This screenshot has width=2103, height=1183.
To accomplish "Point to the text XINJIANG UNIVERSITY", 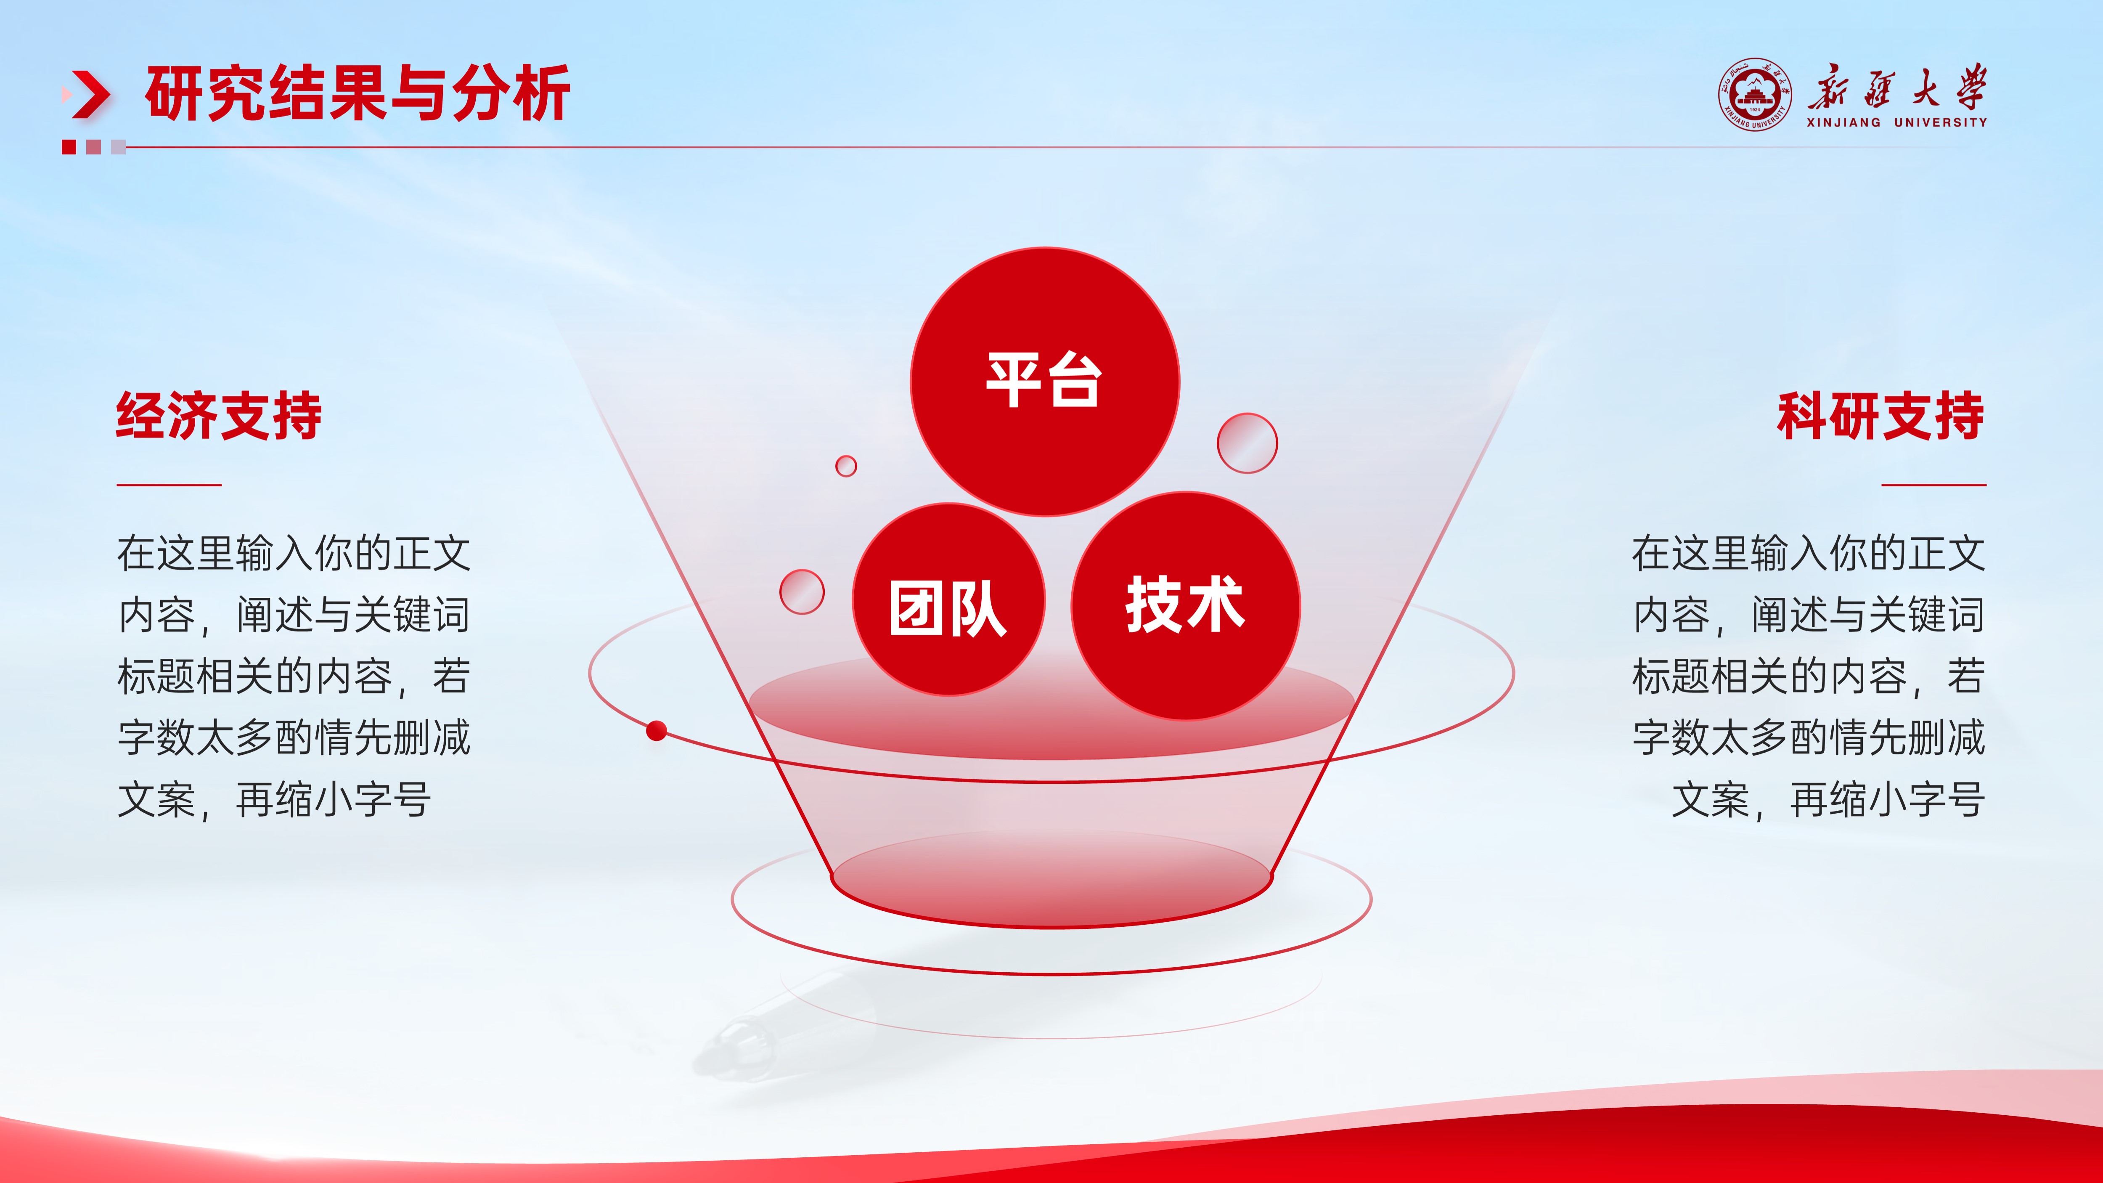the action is pos(1896,122).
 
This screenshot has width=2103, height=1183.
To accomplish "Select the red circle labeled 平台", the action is pos(1045,381).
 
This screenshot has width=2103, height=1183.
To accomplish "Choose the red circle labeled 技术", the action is pos(1185,606).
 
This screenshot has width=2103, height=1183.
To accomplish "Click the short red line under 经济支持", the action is pos(169,484).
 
